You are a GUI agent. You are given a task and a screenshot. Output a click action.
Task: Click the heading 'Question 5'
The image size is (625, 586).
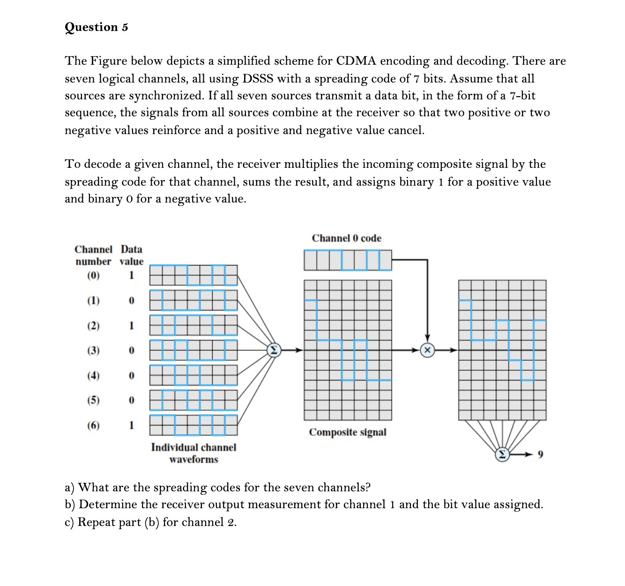click(x=96, y=27)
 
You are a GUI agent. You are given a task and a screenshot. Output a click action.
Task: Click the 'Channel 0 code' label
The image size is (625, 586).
click(x=346, y=238)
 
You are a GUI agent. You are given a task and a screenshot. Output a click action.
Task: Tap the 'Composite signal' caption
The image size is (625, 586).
click(x=347, y=432)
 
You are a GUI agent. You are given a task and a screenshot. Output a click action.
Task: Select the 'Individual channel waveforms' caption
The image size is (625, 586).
click(x=193, y=453)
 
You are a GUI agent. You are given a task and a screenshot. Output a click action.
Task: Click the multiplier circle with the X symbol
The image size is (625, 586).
click(x=427, y=350)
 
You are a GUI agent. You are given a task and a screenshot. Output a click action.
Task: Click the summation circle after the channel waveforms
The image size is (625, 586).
click(x=274, y=350)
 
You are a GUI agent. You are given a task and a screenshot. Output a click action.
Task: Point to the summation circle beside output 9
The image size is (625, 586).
click(x=502, y=454)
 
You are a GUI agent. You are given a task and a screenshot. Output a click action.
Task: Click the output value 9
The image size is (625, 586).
click(x=540, y=454)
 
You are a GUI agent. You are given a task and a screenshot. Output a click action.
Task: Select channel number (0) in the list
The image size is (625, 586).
click(x=93, y=275)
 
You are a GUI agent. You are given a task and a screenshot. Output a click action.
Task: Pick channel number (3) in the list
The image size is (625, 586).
click(x=93, y=350)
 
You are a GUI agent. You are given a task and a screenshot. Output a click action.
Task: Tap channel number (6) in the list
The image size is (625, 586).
click(x=93, y=425)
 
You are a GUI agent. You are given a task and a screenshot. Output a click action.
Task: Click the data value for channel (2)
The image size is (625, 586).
click(x=131, y=325)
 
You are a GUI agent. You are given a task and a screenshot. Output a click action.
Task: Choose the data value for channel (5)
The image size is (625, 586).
click(x=131, y=400)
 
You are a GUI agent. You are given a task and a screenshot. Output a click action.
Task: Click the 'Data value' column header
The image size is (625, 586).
click(x=131, y=255)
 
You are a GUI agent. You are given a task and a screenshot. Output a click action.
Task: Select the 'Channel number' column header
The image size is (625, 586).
click(x=93, y=255)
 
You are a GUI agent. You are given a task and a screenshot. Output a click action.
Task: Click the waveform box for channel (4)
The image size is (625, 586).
click(x=193, y=375)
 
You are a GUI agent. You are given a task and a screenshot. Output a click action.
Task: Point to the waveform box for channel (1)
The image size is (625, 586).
click(x=193, y=300)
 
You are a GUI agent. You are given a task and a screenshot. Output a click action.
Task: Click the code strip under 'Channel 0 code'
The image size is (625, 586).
click(x=347, y=260)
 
